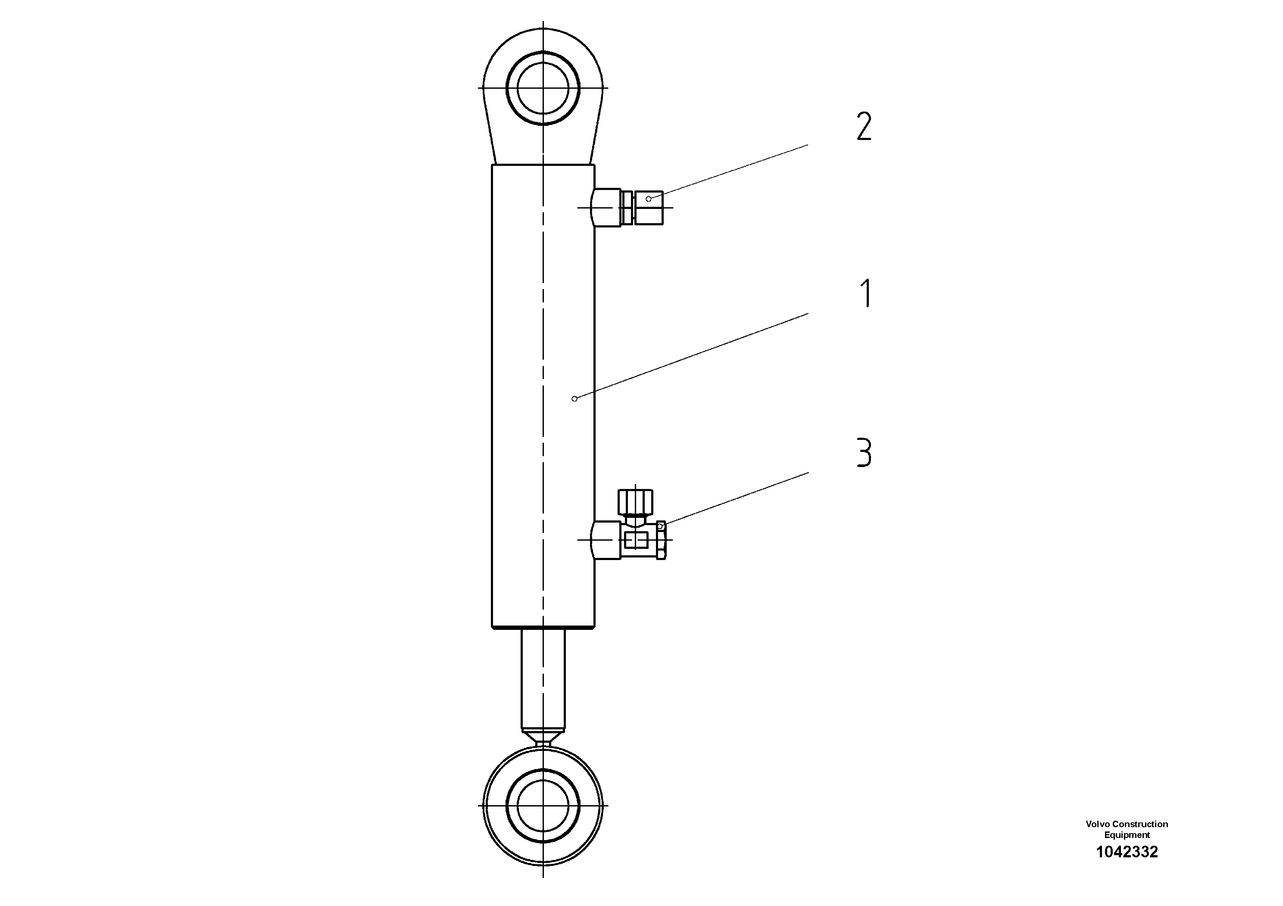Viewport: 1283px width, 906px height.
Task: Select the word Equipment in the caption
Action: pos(1127,835)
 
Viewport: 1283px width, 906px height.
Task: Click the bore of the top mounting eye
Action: pos(543,88)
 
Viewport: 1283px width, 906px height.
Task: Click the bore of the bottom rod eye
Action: pos(543,806)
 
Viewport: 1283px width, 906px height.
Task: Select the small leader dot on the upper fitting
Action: pos(648,199)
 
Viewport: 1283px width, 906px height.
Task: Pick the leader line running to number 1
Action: pos(693,355)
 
